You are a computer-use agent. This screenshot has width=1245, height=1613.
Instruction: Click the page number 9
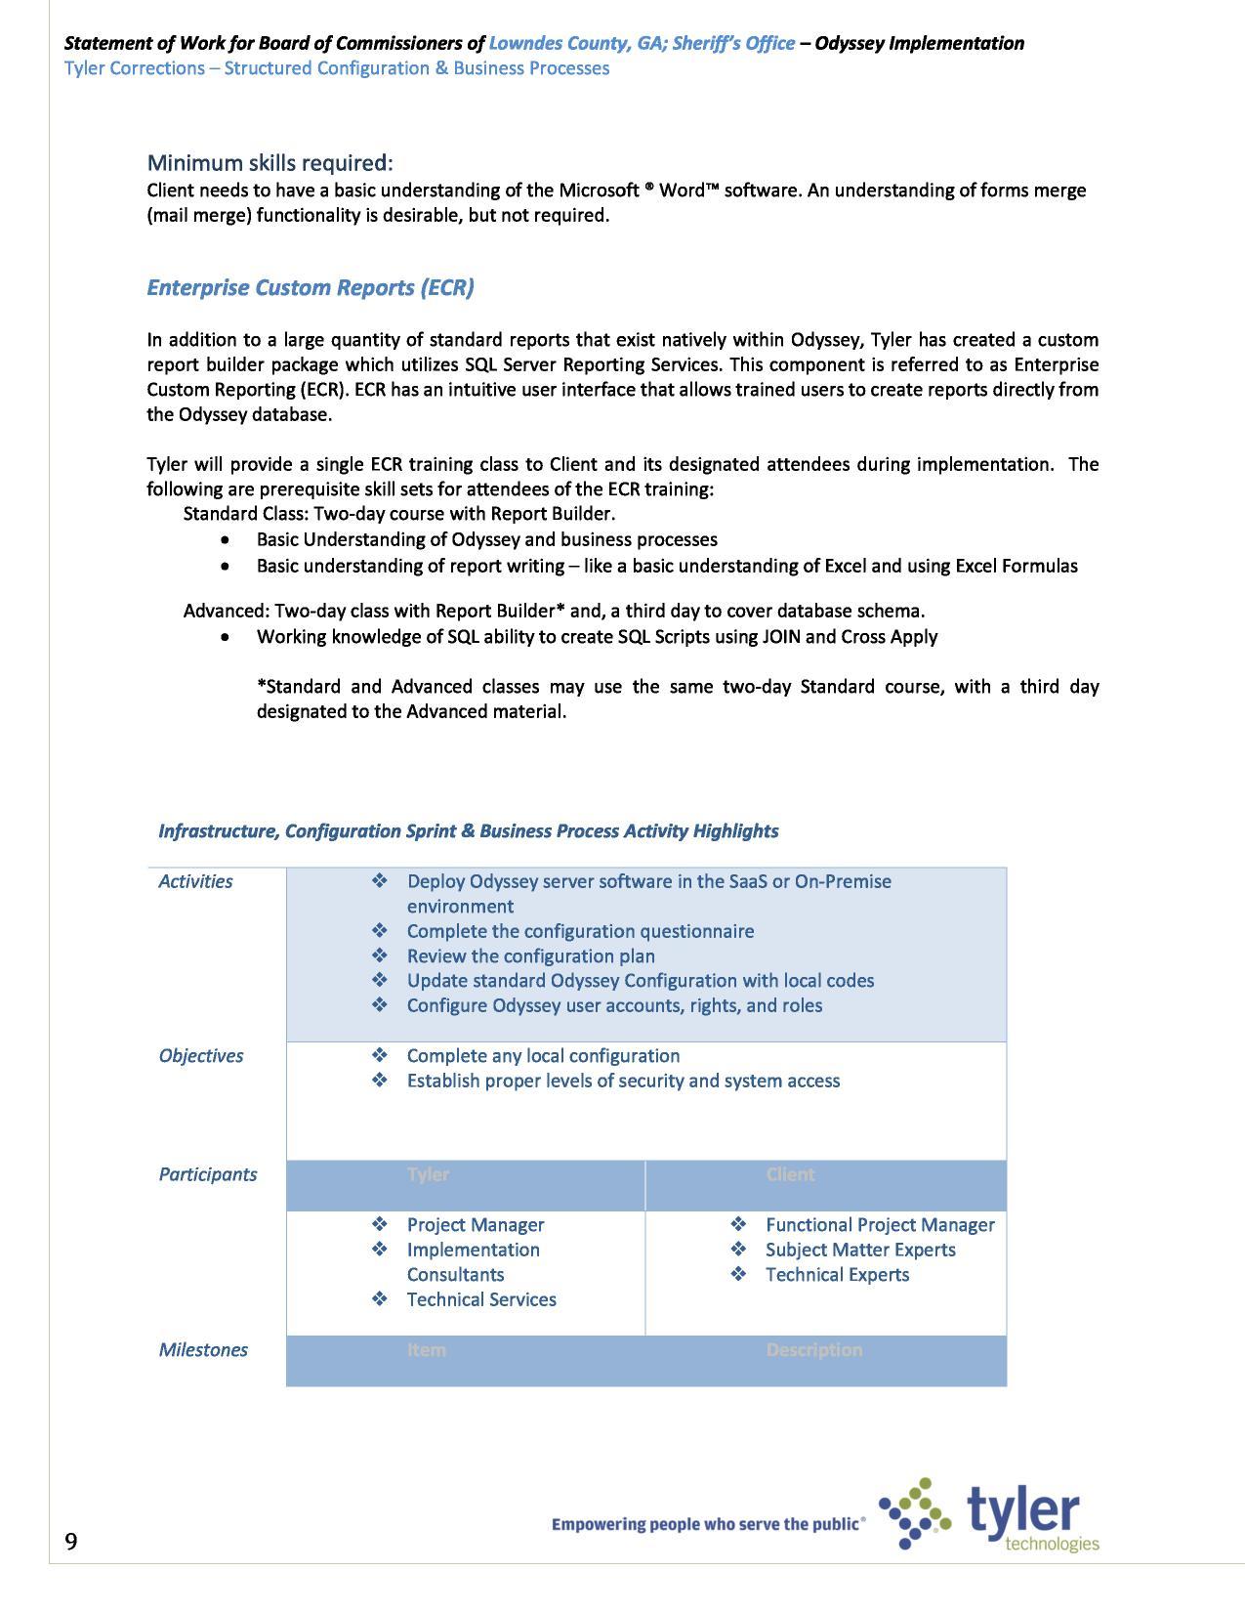(x=71, y=1541)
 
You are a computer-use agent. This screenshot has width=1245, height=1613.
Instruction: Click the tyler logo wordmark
(x=1023, y=1510)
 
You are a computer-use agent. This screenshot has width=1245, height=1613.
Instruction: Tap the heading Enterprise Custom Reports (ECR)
(x=310, y=287)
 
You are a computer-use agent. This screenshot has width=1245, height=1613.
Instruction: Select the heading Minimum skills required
(x=270, y=162)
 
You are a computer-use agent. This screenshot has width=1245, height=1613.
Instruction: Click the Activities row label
(x=195, y=881)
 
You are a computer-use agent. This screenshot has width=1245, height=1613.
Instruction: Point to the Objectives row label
(x=200, y=1055)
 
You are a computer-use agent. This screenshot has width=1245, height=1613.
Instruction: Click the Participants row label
(x=207, y=1174)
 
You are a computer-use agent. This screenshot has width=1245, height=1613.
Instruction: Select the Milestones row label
(x=203, y=1349)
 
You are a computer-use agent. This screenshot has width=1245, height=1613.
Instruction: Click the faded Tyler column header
(x=428, y=1174)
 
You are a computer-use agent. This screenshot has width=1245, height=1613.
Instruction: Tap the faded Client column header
(x=790, y=1174)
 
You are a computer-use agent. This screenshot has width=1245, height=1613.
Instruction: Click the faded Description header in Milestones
(x=813, y=1349)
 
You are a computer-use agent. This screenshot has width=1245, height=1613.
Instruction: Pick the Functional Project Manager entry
(x=879, y=1224)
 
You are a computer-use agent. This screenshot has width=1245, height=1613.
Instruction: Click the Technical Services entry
(x=480, y=1299)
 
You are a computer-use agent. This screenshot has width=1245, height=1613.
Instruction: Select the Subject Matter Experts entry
(x=859, y=1250)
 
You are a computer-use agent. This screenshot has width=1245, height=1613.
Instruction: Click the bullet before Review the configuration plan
(x=380, y=955)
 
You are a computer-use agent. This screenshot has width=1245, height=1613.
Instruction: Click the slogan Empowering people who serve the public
(x=707, y=1523)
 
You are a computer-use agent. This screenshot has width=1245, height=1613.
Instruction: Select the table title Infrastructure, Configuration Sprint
(x=468, y=830)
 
